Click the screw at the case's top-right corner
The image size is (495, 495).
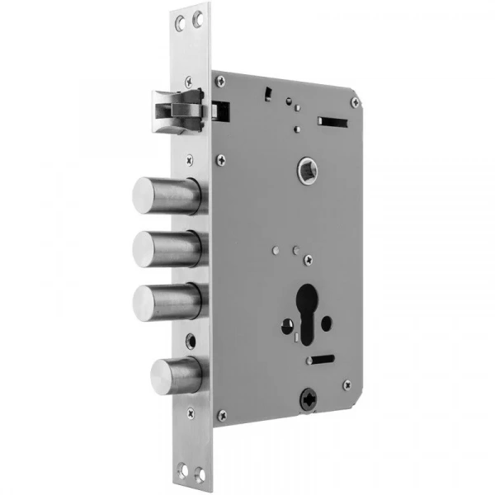tap(355, 101)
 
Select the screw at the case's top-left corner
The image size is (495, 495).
tap(220, 81)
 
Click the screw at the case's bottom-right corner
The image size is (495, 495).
tap(347, 384)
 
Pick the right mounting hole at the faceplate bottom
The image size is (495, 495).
tap(199, 471)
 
